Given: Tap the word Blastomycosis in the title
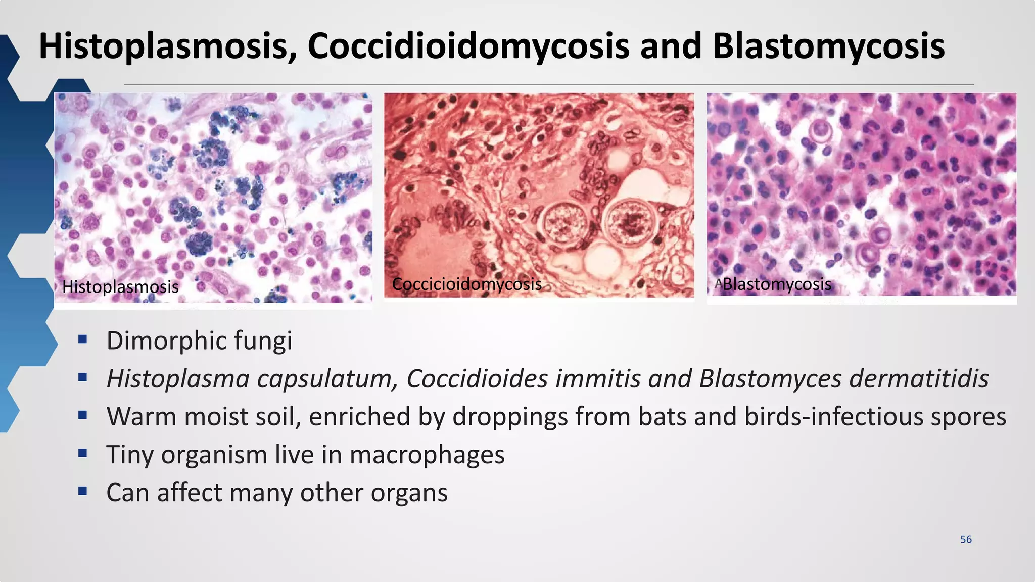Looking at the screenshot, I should point(828,46).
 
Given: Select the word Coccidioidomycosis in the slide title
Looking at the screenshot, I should point(468,46).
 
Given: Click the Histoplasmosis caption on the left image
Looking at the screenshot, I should point(120,287).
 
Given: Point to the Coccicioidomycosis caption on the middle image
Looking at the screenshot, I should point(467,284).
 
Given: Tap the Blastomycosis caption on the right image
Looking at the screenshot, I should point(777,284).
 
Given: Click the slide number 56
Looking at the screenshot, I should point(966,539).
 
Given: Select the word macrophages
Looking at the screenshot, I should point(427,455).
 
